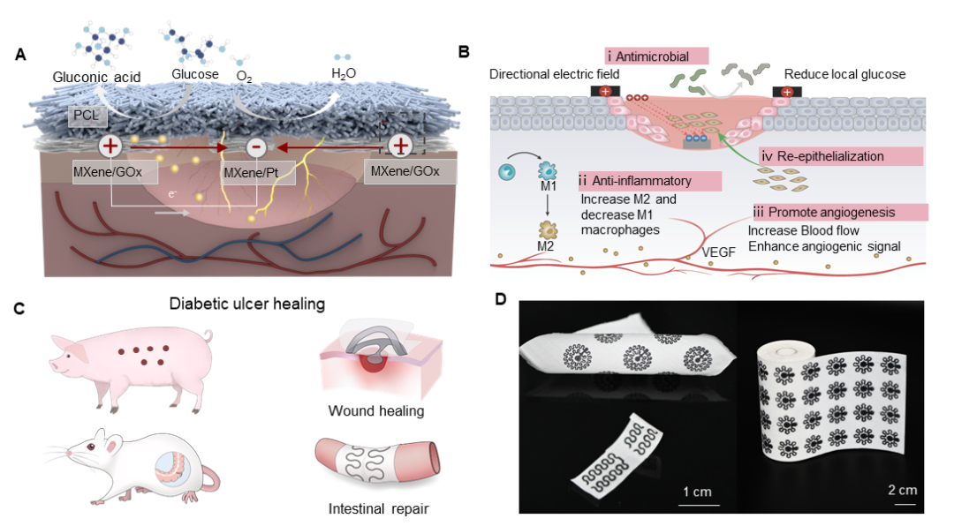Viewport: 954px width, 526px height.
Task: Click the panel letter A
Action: [20, 55]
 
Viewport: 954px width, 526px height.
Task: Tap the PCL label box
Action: [87, 116]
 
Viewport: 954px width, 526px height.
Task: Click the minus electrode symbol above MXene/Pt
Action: [256, 147]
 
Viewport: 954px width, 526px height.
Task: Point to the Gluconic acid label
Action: [96, 78]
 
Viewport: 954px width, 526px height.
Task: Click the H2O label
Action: [343, 74]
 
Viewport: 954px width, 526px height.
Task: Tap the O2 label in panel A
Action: [244, 78]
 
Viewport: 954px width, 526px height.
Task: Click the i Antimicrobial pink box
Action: [656, 56]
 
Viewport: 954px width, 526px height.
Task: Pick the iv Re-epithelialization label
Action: [841, 156]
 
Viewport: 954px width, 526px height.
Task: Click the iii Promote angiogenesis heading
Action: [840, 212]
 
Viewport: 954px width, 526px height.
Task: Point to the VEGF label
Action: [718, 252]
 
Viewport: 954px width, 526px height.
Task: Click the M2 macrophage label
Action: [546, 246]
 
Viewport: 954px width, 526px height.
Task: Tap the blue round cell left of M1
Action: [507, 172]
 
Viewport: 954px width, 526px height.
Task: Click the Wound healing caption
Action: [376, 411]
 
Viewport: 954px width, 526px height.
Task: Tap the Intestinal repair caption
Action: [378, 509]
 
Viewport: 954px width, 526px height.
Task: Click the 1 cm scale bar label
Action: [697, 492]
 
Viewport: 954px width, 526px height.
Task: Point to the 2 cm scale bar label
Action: [903, 490]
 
